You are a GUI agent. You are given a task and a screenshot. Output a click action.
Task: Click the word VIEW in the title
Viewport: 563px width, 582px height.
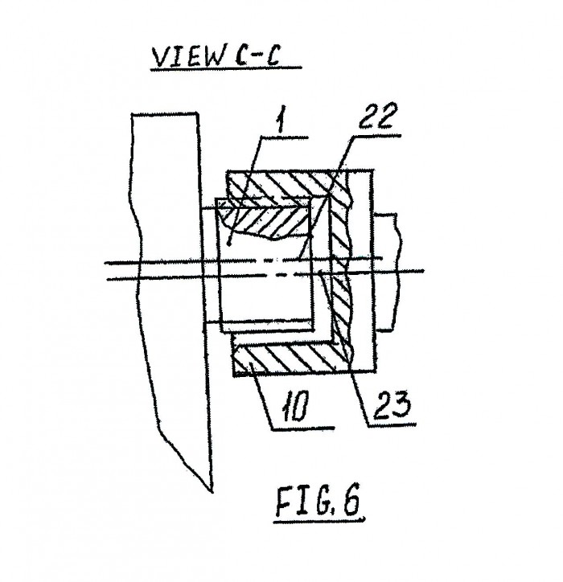tap(189, 58)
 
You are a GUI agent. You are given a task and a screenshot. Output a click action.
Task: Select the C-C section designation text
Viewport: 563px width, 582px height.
tap(257, 57)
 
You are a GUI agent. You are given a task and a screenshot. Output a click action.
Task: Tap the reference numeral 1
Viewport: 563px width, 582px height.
tap(281, 120)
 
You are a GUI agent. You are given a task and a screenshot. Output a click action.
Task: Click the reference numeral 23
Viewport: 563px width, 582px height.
tap(392, 404)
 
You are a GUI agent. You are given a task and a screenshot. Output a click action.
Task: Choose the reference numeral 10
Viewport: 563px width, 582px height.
tap(296, 408)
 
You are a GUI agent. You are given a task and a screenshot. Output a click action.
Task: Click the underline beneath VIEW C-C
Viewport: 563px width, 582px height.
tap(226, 68)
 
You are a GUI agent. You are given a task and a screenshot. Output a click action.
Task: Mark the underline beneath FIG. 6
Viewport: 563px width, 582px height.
tap(319, 520)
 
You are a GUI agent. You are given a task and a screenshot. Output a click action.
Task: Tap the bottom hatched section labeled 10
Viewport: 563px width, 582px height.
tap(290, 359)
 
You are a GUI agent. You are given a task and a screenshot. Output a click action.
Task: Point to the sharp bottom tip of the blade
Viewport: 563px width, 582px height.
tap(212, 492)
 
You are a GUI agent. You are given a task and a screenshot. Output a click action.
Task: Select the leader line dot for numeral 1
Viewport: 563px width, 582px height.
tap(229, 244)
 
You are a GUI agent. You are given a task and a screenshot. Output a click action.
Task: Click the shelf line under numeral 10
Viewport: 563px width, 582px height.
tap(303, 428)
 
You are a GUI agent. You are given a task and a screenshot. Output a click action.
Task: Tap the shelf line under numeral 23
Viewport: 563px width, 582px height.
tap(392, 424)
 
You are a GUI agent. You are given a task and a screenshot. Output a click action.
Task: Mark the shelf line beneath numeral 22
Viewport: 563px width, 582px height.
tap(376, 136)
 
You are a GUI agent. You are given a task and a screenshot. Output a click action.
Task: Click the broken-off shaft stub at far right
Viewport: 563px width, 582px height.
tap(388, 272)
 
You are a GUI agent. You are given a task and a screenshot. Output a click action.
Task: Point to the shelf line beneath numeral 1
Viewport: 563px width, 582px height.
tap(285, 137)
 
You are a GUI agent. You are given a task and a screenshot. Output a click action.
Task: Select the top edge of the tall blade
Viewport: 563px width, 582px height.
tap(164, 113)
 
